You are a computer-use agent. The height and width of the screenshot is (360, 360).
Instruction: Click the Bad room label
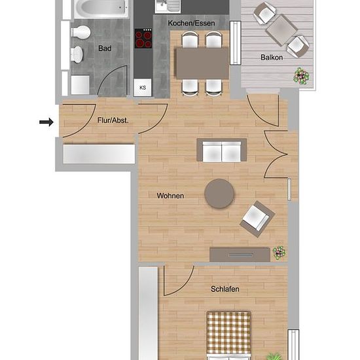[x=105, y=48]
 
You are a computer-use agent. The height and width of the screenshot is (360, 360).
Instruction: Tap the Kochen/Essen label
[x=192, y=23]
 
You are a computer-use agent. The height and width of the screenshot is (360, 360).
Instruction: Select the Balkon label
[x=272, y=57]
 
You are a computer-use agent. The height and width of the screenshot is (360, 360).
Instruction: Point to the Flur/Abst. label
[x=113, y=120]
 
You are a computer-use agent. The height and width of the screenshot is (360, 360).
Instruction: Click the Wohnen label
[x=170, y=196]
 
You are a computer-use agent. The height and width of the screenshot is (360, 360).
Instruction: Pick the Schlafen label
[x=225, y=289]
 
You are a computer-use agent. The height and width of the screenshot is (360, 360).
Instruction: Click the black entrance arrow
[x=46, y=122]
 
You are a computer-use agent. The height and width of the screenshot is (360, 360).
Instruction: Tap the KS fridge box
[x=143, y=88]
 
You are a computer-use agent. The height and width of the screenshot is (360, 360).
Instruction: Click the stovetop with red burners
[x=143, y=39]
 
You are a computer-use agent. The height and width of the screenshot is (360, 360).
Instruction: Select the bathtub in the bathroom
[x=101, y=9]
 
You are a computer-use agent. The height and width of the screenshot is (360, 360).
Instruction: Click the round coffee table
[x=219, y=194]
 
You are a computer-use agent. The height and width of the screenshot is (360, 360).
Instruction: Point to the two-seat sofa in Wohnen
[x=221, y=150]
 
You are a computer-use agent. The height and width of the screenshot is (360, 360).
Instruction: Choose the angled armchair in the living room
[x=257, y=219]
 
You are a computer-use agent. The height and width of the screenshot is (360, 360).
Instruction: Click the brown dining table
[x=202, y=63]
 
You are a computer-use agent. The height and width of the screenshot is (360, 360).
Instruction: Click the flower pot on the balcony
[x=301, y=76]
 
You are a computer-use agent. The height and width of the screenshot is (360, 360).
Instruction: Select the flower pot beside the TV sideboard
[x=279, y=253]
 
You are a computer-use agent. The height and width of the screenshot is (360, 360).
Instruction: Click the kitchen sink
[x=168, y=6]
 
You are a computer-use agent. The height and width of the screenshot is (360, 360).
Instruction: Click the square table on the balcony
[x=281, y=31]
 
